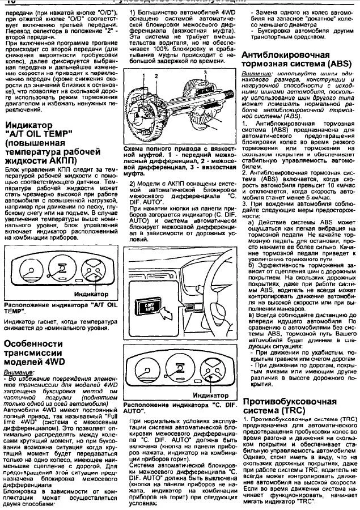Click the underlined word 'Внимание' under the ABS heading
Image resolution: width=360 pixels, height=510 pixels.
coord(255,74)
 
